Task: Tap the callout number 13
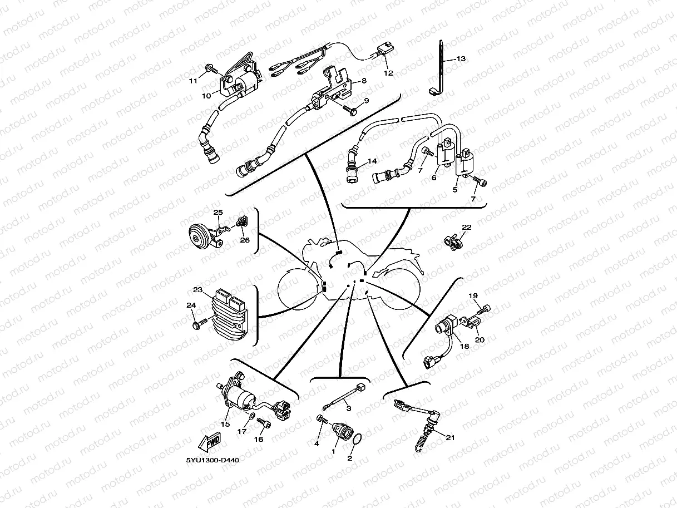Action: pyautogui.click(x=461, y=58)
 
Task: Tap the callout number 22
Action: pyautogui.click(x=466, y=227)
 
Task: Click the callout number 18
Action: pyautogui.click(x=464, y=346)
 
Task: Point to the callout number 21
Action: pyautogui.click(x=450, y=438)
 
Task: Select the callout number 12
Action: pyautogui.click(x=388, y=73)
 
